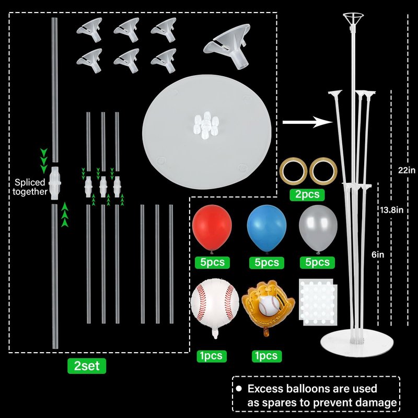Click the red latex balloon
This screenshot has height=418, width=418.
(212, 228)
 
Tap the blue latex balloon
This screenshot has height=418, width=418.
(266, 228)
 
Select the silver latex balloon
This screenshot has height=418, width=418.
(318, 228)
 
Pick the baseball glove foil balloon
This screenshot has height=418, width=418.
(268, 304)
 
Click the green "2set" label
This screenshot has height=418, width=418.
(87, 366)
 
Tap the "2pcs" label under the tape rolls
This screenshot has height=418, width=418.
(307, 194)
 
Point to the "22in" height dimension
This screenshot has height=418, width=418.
(407, 170)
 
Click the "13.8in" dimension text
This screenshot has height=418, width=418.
(391, 210)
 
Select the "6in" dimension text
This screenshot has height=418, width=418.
(378, 254)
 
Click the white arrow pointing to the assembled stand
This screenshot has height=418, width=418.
(308, 122)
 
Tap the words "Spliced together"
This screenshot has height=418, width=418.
(30, 187)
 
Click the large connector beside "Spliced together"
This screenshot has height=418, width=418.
(55, 183)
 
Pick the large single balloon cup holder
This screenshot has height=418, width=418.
(228, 46)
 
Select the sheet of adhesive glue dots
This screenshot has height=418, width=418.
(318, 302)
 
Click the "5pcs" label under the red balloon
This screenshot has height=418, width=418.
(212, 262)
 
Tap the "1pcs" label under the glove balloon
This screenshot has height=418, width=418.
(266, 356)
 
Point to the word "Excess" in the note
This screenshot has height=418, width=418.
(265, 389)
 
